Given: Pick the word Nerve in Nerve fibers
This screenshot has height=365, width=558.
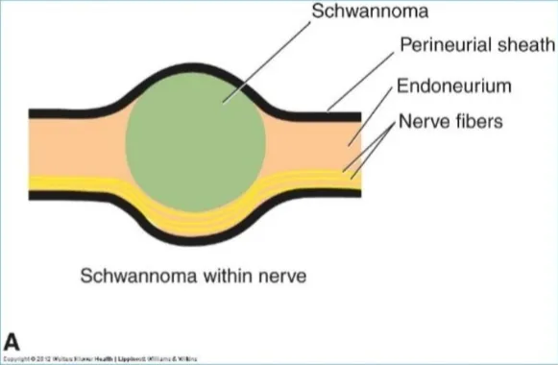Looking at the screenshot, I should (x=424, y=123).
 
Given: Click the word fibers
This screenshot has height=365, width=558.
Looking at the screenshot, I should (x=481, y=123).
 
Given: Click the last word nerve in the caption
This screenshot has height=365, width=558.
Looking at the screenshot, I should (x=283, y=278).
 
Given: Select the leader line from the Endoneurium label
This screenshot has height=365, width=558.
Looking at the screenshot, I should (x=374, y=115).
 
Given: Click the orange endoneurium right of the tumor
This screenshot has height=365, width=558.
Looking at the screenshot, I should (x=307, y=144).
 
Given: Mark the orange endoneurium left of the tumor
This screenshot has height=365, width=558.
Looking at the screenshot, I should (x=77, y=144).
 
